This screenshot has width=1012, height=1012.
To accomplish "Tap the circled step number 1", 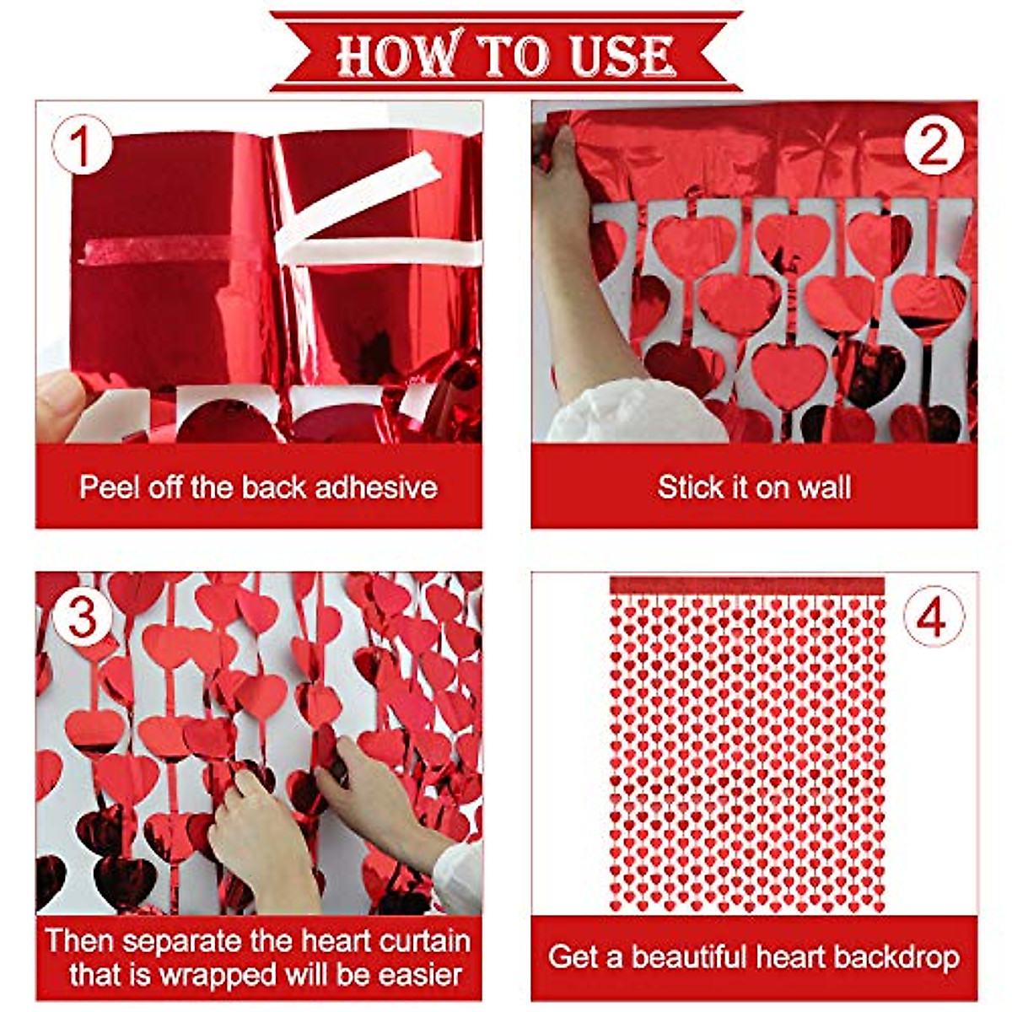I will [x=82, y=146].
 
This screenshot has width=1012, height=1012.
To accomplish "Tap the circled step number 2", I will [x=933, y=146].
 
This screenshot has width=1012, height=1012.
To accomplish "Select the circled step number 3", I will [x=82, y=617].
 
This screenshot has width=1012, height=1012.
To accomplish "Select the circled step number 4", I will [x=933, y=617].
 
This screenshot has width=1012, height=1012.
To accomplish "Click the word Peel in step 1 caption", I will [x=110, y=487].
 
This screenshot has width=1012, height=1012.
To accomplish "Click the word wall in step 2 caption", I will [x=823, y=487].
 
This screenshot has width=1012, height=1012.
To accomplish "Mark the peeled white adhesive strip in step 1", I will [x=363, y=202].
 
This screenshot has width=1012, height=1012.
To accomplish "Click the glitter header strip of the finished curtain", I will [x=747, y=584].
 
